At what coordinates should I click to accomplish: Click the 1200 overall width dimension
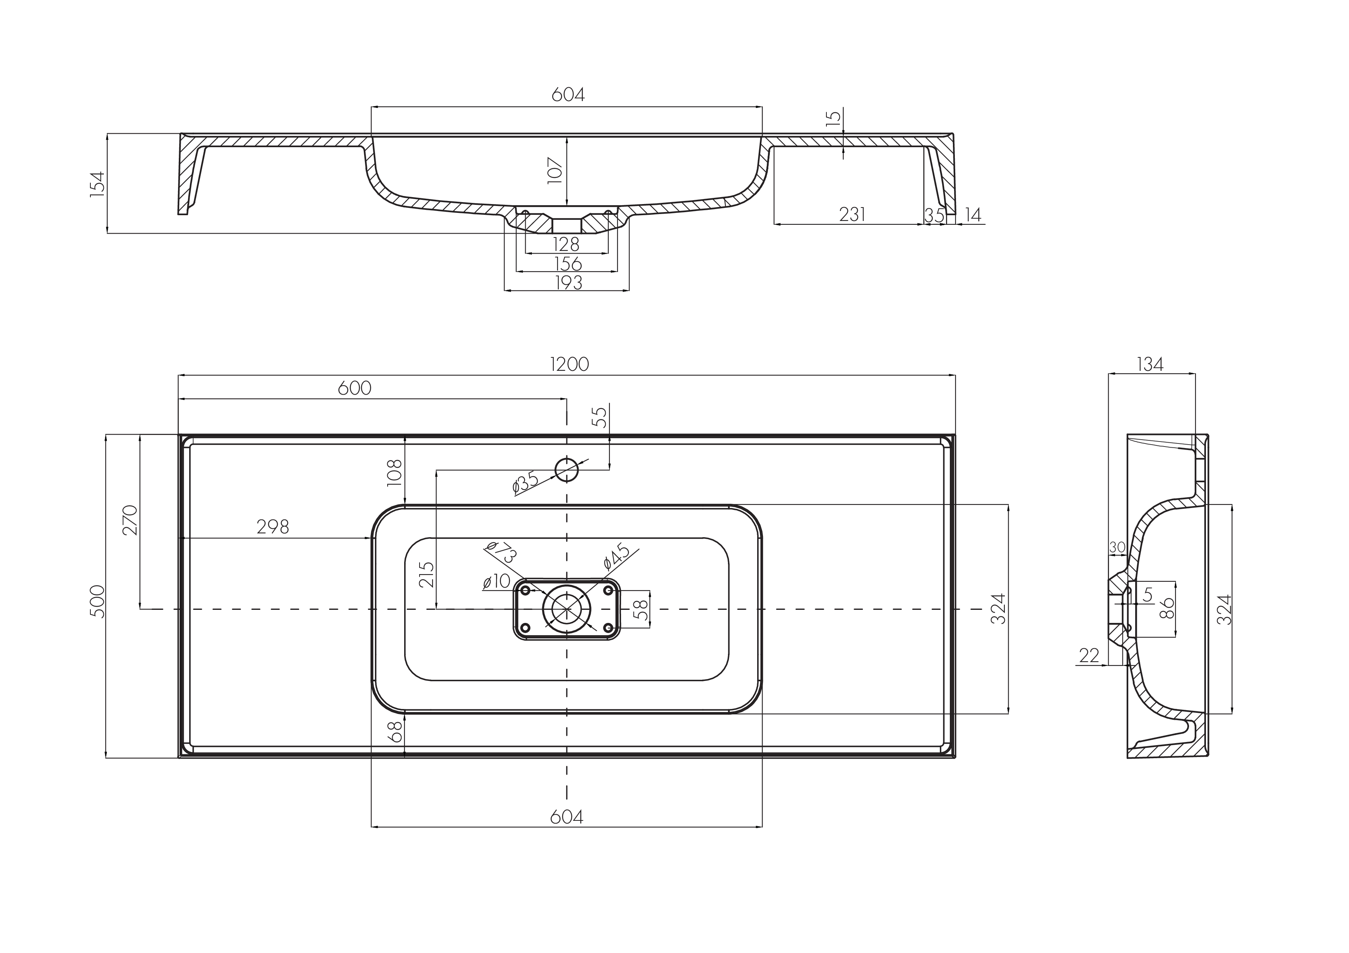coord(570,365)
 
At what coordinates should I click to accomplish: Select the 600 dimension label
coord(355,388)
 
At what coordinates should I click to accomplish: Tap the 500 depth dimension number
coord(98,601)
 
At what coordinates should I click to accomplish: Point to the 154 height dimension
coord(98,184)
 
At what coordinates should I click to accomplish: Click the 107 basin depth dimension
coord(555,170)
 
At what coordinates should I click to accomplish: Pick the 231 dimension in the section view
coord(852,215)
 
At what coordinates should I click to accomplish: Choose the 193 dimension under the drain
coord(568,282)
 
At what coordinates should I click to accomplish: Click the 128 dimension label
coord(566,244)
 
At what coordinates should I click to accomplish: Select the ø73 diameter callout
coord(501,551)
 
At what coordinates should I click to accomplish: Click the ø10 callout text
coord(496,581)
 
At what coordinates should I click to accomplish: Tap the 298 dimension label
coord(273,527)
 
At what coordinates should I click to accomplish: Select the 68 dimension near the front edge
coord(396,732)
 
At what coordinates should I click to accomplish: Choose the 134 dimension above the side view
coord(1150,365)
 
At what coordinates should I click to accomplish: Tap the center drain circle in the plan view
coord(566,609)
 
